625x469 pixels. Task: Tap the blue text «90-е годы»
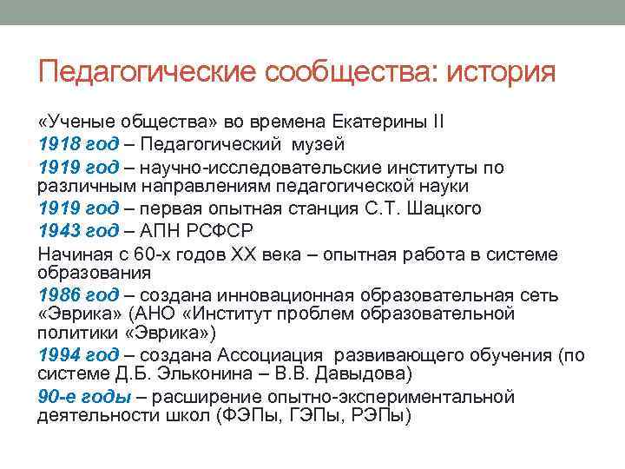click(83, 396)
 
